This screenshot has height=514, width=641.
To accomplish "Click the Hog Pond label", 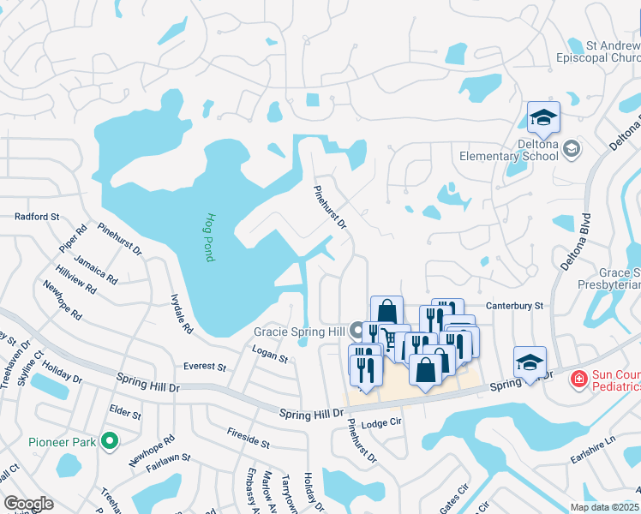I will (210, 237).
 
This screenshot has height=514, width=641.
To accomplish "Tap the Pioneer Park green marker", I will (109, 441).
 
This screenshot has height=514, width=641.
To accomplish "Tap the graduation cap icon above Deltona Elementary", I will (542, 118).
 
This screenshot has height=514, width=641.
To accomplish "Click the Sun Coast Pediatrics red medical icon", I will (579, 377).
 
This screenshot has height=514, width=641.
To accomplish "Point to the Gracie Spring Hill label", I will (300, 331).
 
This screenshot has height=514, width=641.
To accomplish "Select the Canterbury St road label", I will (515, 305).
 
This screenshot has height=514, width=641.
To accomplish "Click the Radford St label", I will (37, 217).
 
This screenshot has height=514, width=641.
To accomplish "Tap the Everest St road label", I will (204, 367).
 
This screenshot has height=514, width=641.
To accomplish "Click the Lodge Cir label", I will (382, 423).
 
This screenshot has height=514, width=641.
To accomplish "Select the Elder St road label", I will (125, 413).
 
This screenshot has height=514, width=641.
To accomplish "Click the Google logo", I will (27, 504).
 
